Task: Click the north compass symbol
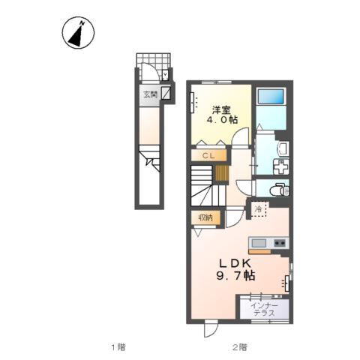click(x=78, y=33)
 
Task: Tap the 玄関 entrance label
click(x=151, y=94)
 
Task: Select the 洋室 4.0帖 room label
click(x=222, y=115)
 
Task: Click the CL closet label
click(x=208, y=156)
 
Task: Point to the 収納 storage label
click(x=205, y=217)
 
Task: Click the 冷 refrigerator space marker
click(x=258, y=209)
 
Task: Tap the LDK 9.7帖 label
click(x=235, y=269)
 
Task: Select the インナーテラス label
click(x=264, y=309)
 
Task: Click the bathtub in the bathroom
click(x=271, y=97)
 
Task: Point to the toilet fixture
click(x=278, y=189)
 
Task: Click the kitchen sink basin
click(x=259, y=243)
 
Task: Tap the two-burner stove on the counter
click(x=280, y=243)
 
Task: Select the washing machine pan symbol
click(x=281, y=166)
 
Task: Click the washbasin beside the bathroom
click(x=283, y=149)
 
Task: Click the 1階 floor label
click(x=118, y=347)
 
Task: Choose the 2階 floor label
click(x=239, y=347)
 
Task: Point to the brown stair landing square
click(x=222, y=173)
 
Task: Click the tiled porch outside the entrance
click(x=153, y=67)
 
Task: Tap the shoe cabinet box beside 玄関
click(x=166, y=93)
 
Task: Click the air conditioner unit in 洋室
click(x=192, y=103)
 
